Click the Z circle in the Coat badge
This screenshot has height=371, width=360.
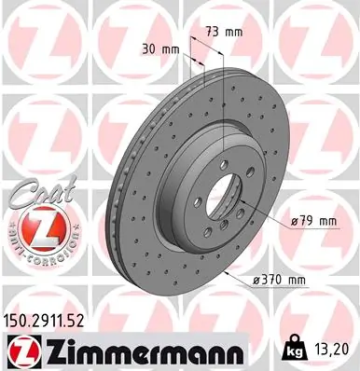(33, 227)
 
